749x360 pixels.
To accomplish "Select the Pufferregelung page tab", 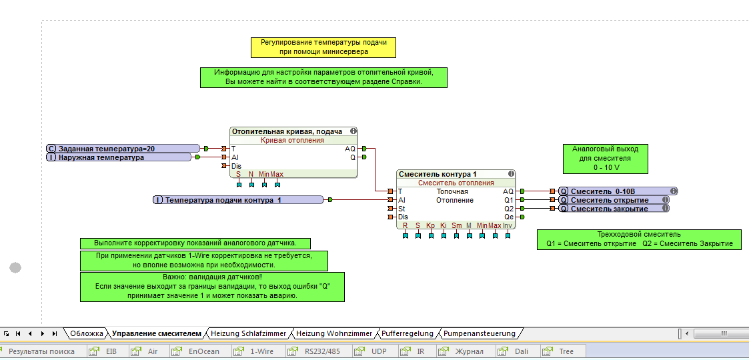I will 407,333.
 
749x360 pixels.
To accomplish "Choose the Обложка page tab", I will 87,333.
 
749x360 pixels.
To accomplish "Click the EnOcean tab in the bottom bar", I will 203,351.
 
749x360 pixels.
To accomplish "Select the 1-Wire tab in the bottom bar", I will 261,351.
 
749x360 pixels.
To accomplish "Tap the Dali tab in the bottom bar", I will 520,351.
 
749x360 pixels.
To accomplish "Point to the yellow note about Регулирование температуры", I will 323,47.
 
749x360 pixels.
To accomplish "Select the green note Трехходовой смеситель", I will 638,239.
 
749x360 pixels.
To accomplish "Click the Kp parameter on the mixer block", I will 431,225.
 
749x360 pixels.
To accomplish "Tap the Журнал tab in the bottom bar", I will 469,351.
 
